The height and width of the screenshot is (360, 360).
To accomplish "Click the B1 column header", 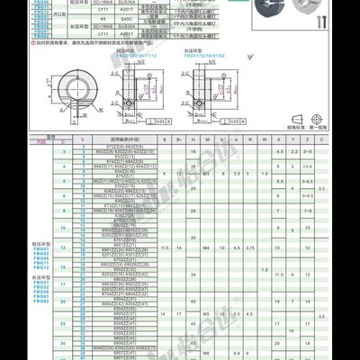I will coord(179,139).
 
